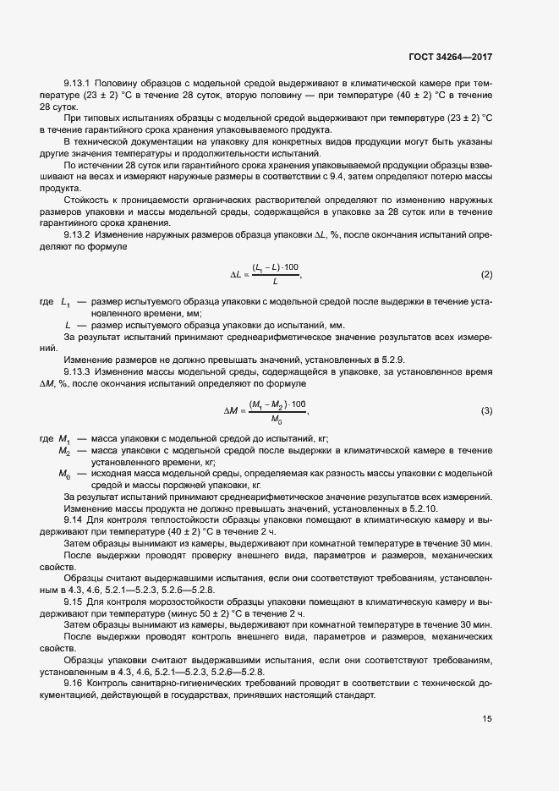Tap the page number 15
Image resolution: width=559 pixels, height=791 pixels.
pyautogui.click(x=487, y=719)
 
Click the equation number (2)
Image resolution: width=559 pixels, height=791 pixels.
pyautogui.click(x=486, y=275)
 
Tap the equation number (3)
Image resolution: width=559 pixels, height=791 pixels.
pyautogui.click(x=486, y=410)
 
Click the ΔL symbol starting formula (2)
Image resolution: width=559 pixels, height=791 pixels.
pyautogui.click(x=238, y=276)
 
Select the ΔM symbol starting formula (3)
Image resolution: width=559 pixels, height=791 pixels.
pyautogui.click(x=233, y=410)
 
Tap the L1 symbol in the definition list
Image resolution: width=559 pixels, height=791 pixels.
pyautogui.click(x=65, y=303)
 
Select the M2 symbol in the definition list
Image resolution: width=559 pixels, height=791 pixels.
pyautogui.click(x=64, y=452)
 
